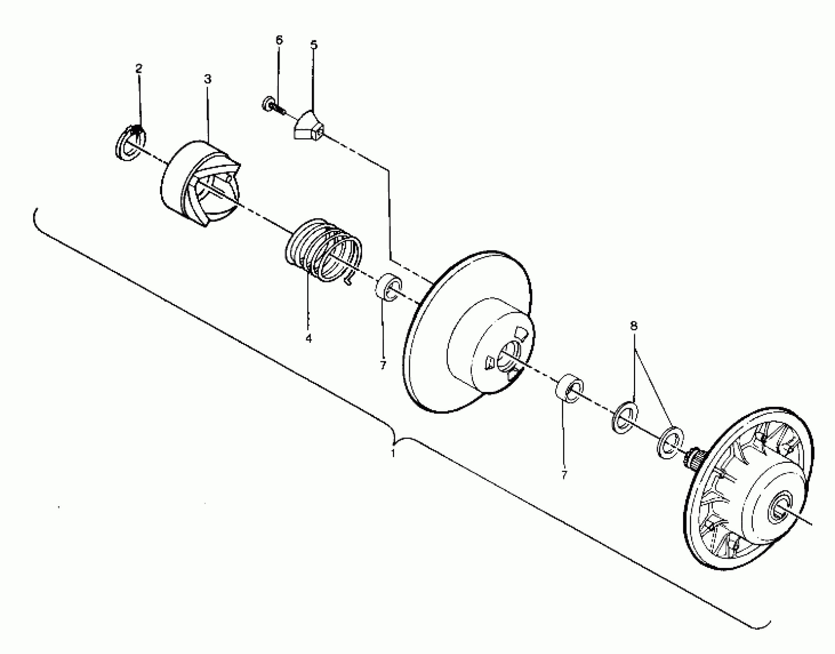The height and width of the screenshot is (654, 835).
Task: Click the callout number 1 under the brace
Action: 393,454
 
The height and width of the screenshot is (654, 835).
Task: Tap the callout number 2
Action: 139,69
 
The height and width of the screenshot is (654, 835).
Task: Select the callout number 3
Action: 208,79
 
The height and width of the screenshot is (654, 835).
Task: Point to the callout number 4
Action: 308,338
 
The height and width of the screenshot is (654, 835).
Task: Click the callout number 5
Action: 314,45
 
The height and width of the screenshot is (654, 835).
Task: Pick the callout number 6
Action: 279,40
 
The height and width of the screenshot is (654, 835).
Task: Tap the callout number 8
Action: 634,326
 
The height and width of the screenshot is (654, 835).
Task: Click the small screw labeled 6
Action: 274,106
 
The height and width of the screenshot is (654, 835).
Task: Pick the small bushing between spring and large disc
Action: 388,287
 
